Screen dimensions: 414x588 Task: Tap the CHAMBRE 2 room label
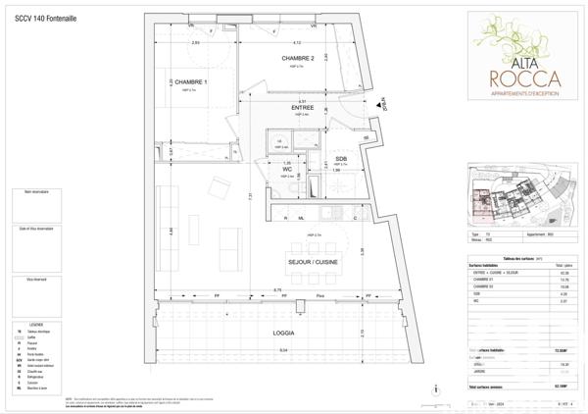tap(298, 59)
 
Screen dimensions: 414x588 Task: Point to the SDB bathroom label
tap(341, 158)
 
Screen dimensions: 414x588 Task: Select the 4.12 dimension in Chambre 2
tap(297, 43)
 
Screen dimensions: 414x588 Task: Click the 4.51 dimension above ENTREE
tap(303, 101)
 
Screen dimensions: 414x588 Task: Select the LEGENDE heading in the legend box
tap(36, 323)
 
